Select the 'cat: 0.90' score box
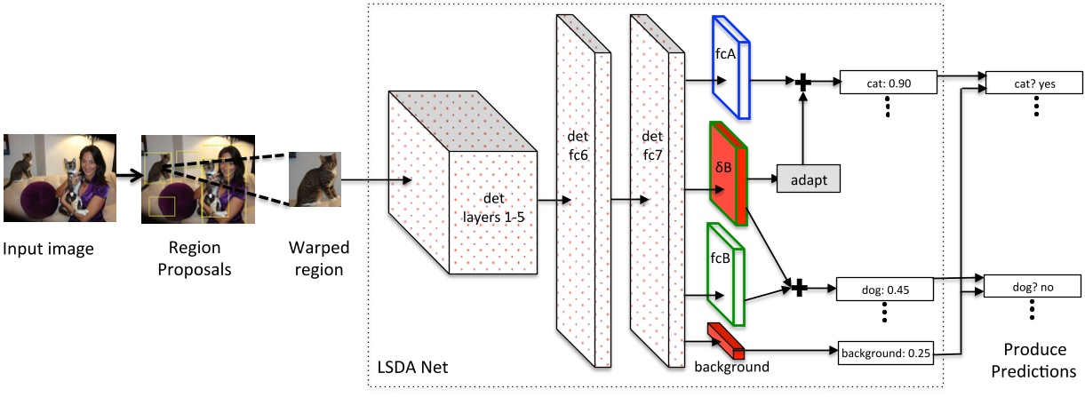coord(889,83)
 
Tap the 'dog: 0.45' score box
coord(884,289)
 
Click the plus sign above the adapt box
coord(802,83)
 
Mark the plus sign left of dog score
coord(798,288)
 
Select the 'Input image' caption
coord(49,249)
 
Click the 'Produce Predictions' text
coord(1033,359)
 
